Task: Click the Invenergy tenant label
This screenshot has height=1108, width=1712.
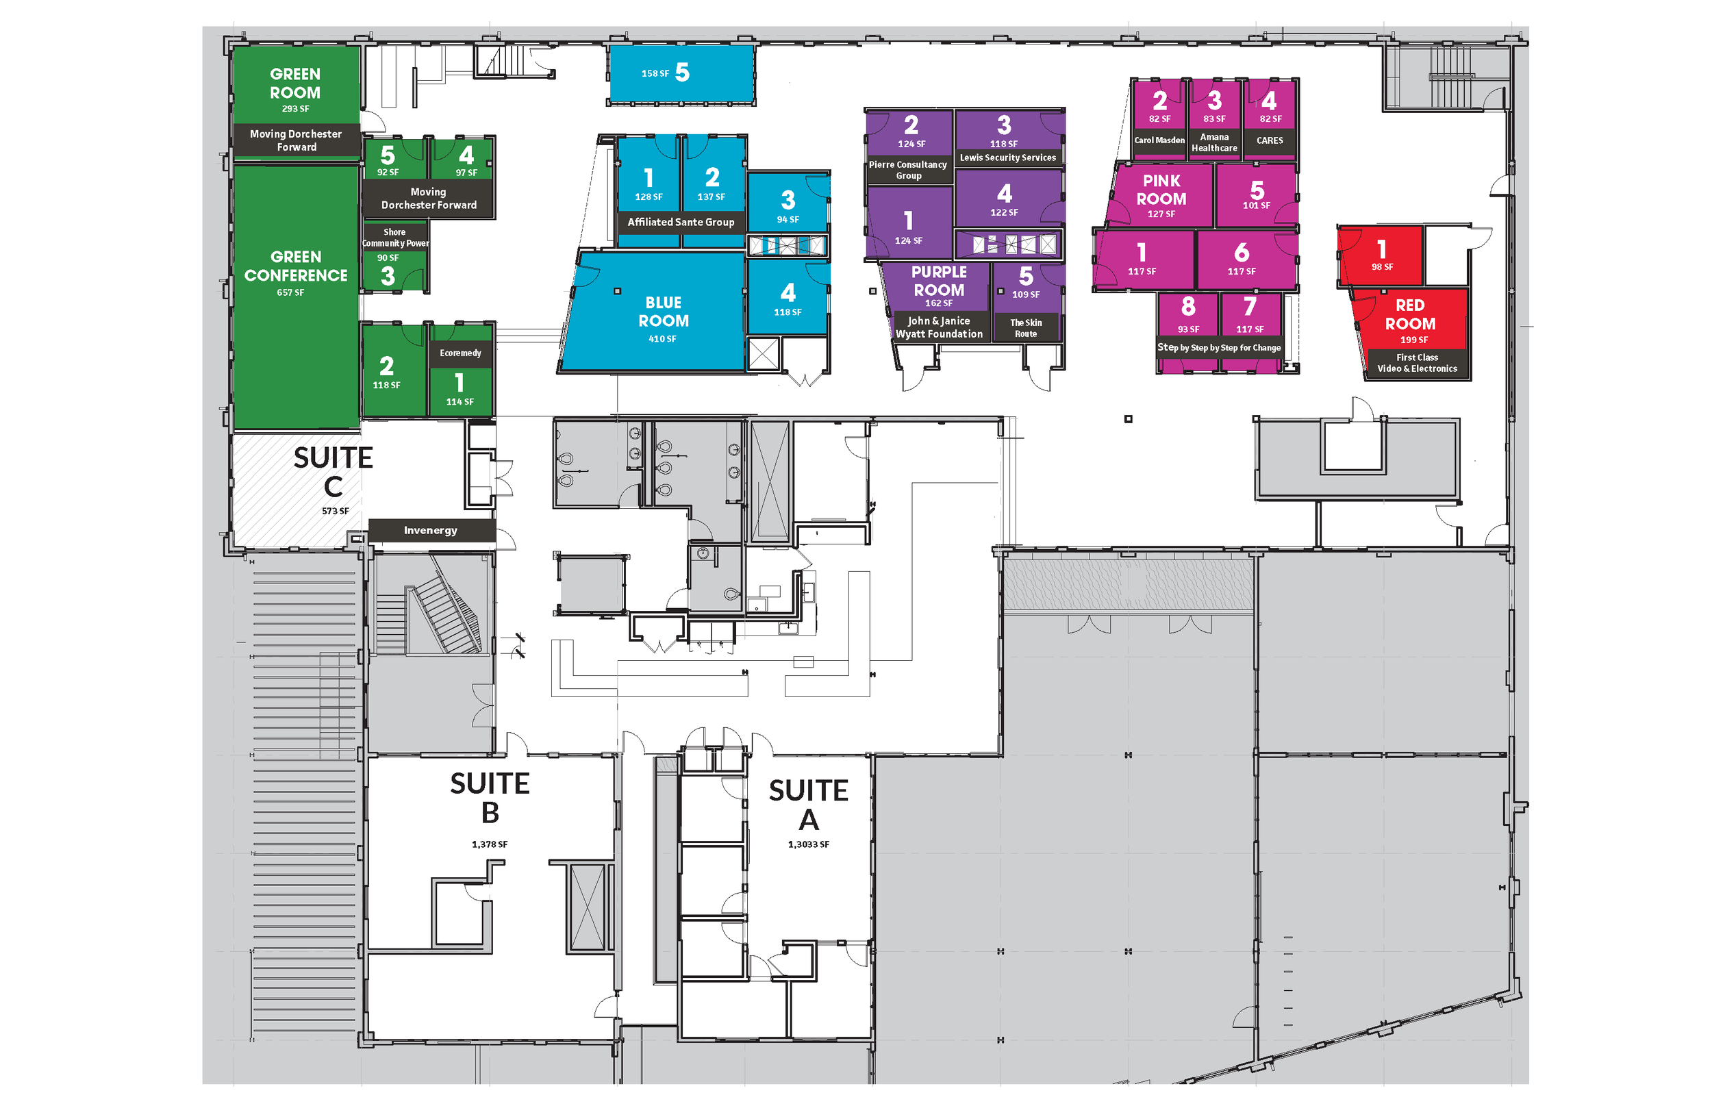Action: pos(430,530)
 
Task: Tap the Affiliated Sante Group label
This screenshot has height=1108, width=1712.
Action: pos(681,222)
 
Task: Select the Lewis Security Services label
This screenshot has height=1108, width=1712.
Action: pos(1008,158)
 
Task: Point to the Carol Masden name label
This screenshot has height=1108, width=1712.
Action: pos(1159,140)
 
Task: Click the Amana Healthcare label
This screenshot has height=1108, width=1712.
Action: pos(1214,142)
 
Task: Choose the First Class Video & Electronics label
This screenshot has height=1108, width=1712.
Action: pos(1416,363)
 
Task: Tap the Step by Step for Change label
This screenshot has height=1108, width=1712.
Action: pos(1218,347)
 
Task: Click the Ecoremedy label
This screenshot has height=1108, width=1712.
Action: pos(460,353)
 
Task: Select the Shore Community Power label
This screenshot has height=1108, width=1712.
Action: pos(395,238)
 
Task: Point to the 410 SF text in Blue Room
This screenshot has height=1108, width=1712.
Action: pos(662,339)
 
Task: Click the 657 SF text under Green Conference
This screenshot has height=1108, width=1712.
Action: pos(290,293)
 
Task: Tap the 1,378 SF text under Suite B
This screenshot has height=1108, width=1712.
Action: pos(489,844)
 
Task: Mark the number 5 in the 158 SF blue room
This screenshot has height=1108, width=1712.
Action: pos(682,72)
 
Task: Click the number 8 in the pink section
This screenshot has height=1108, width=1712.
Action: pos(1187,307)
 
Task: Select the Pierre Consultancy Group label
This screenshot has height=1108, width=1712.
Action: pos(908,170)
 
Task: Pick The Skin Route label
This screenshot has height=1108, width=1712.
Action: pos(1026,328)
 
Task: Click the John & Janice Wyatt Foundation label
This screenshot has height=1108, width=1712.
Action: pos(939,327)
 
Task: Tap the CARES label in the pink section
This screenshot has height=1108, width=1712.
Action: pos(1270,140)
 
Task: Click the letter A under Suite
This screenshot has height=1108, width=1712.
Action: pos(809,820)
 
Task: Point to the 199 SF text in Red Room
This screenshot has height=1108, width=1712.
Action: pos(1413,340)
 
